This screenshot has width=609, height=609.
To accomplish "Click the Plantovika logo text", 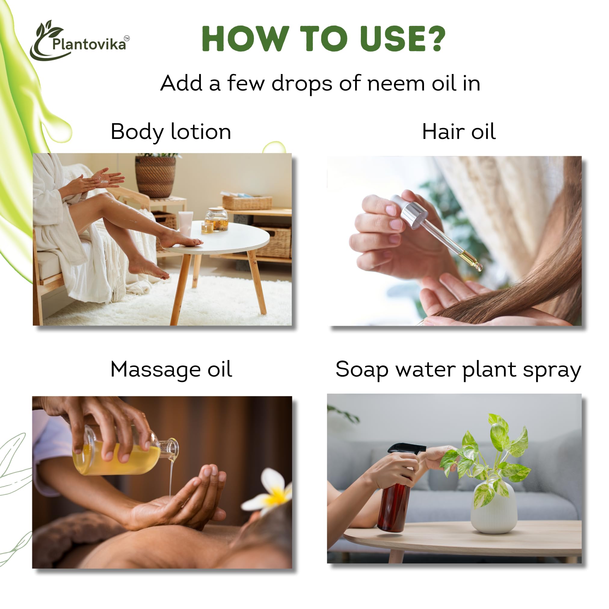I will click(89, 44).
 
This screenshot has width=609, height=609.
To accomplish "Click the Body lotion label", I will click(171, 132).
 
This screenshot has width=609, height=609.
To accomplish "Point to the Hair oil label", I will click(458, 132).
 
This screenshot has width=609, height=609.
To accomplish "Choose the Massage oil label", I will click(171, 369).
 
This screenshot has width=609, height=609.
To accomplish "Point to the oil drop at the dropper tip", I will click(479, 267).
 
